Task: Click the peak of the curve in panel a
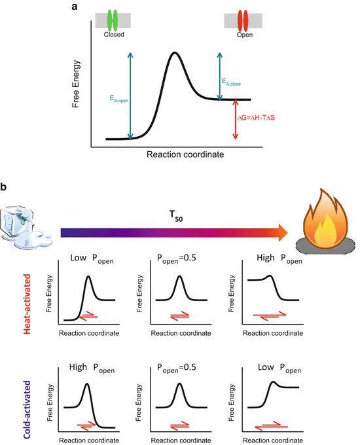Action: (173, 53)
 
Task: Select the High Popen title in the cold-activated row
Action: (92, 369)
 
